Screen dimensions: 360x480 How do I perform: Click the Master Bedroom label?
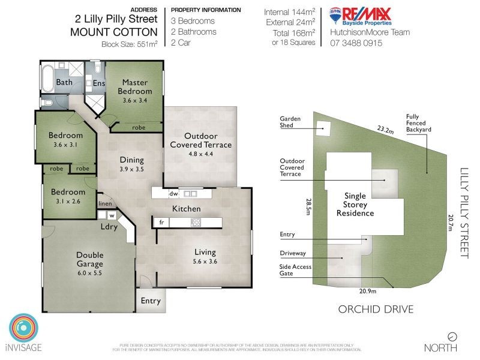pyautogui.click(x=134, y=86)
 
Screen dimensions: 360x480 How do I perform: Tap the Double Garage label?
pyautogui.click(x=89, y=259)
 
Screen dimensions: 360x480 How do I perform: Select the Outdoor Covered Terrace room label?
pyautogui.click(x=200, y=140)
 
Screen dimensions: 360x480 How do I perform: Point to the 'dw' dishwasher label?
pyautogui.click(x=173, y=194)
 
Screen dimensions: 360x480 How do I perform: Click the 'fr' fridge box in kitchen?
pyautogui.click(x=161, y=223)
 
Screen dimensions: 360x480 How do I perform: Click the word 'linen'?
pyautogui.click(x=105, y=203)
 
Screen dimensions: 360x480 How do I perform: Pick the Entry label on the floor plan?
pyautogui.click(x=150, y=301)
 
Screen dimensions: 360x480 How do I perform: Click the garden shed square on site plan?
pyautogui.click(x=324, y=127)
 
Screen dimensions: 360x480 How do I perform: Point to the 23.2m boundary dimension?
pyautogui.click(x=385, y=128)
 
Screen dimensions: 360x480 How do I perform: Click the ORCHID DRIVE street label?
pyautogui.click(x=367, y=310)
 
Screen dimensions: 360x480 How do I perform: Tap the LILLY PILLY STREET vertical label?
pyautogui.click(x=463, y=213)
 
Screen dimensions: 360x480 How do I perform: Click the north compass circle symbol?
pyautogui.click(x=452, y=335)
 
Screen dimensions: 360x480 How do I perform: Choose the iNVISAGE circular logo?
pyautogui.click(x=25, y=329)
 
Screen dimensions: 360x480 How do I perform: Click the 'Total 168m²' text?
pyautogui.click(x=291, y=34)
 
